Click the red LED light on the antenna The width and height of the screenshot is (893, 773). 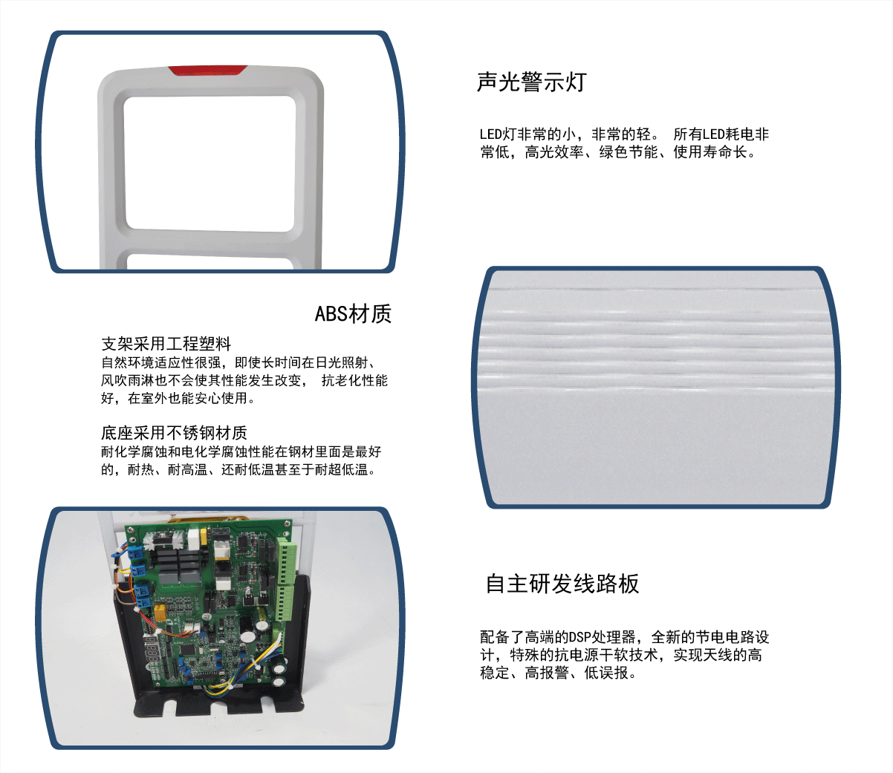coord(207,71)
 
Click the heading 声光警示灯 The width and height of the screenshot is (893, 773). coord(531,82)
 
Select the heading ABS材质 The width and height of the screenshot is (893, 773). coord(353,314)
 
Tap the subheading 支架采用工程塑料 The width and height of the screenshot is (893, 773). coord(166,344)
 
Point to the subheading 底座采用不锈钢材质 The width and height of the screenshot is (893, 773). coord(174,433)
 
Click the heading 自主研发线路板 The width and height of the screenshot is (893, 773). coord(562,584)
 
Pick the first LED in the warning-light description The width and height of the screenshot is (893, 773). coord(490,134)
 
